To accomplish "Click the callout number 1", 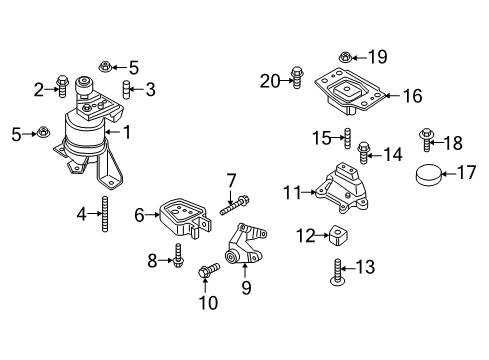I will [x=128, y=130].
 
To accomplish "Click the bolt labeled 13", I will [x=342, y=267].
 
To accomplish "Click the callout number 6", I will [x=140, y=213].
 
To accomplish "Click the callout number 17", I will [x=465, y=173].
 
